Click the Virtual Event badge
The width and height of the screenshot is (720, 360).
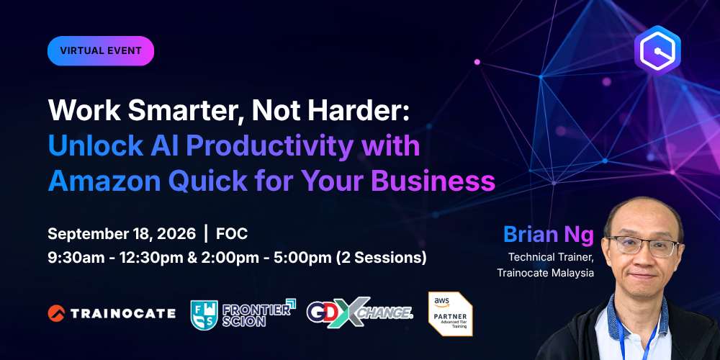click(x=101, y=50)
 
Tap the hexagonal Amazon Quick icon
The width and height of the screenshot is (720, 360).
click(x=657, y=50)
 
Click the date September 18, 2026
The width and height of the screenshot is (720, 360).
click(x=122, y=234)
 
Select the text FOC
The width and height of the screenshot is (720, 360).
click(x=232, y=234)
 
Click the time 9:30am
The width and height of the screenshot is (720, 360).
click(x=77, y=258)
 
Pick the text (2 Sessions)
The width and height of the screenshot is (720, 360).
click(x=382, y=258)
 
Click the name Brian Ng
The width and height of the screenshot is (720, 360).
click(x=549, y=235)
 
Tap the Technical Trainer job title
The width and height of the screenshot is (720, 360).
click(x=551, y=257)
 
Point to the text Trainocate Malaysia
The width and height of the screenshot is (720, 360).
click(x=546, y=273)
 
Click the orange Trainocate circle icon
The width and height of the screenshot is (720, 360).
click(x=56, y=313)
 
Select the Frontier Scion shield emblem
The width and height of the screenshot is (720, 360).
click(x=204, y=315)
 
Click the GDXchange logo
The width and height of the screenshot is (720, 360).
click(x=360, y=312)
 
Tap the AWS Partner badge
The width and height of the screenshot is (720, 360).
click(x=451, y=314)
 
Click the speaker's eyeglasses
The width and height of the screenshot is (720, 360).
click(x=643, y=246)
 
